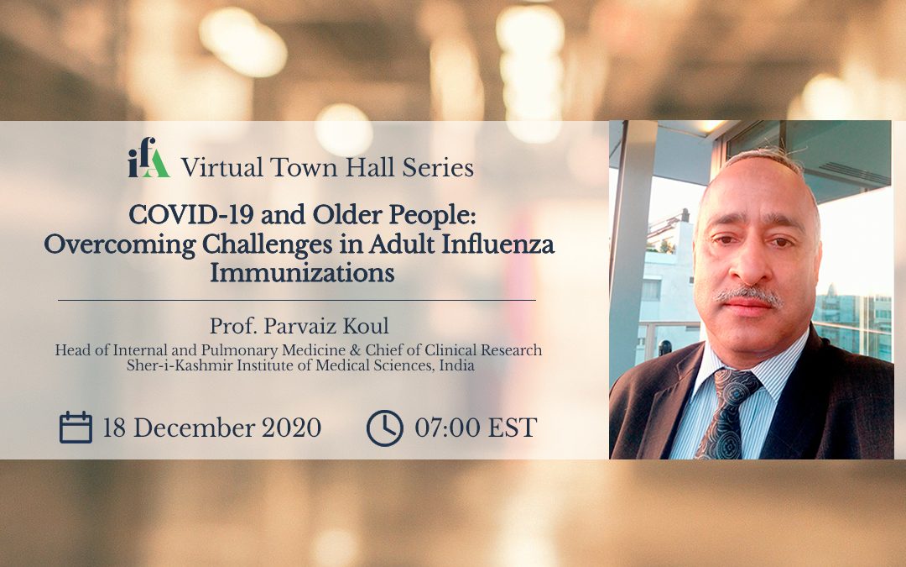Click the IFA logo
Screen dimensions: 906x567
pos(148,157)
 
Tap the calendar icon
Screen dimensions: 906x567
pos(75,428)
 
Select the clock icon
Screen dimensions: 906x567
pos(385,428)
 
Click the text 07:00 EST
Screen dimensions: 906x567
pos(476,428)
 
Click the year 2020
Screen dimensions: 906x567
pos(291,428)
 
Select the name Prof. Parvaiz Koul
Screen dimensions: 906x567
pos(299,326)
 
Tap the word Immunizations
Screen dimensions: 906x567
pos(302,272)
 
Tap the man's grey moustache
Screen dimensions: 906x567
pos(749,296)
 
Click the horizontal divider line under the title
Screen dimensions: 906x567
pos(297,300)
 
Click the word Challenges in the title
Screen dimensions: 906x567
pos(267,244)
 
